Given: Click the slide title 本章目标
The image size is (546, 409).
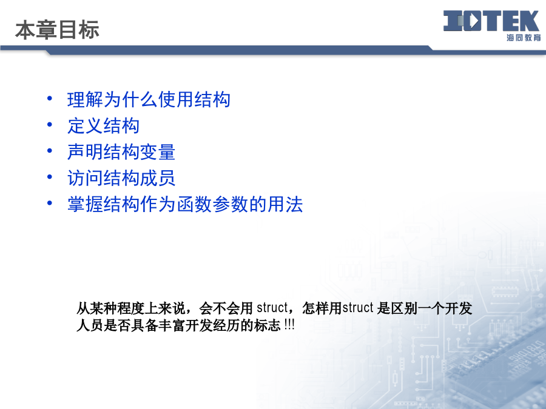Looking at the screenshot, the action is click(x=57, y=30).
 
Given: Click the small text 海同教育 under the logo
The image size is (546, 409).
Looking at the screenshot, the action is click(x=524, y=38).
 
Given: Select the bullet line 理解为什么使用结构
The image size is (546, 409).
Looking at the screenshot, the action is click(x=149, y=99).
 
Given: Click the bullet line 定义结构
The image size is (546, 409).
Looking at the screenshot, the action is click(x=103, y=125).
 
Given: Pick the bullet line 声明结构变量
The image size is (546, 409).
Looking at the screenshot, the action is click(x=121, y=152).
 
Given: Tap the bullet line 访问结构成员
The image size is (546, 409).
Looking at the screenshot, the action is click(x=121, y=178).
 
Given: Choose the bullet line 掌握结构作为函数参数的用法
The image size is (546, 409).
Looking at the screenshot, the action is click(x=185, y=204).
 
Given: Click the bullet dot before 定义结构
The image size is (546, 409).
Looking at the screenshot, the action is click(x=50, y=124).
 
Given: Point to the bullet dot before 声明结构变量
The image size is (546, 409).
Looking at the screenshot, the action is click(x=50, y=151).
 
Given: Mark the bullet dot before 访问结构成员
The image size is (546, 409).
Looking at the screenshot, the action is click(x=50, y=177).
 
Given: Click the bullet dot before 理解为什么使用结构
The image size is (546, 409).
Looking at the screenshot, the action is click(x=50, y=98).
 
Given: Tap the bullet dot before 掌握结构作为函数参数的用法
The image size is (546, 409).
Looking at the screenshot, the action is click(x=50, y=203).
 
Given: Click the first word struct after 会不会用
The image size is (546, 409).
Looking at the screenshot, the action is click(x=272, y=308).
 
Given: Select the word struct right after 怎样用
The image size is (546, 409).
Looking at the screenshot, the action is click(x=358, y=308).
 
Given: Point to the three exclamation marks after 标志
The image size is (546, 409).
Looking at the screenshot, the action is click(x=289, y=325).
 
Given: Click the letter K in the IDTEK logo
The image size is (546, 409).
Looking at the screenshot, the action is click(x=529, y=21).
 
